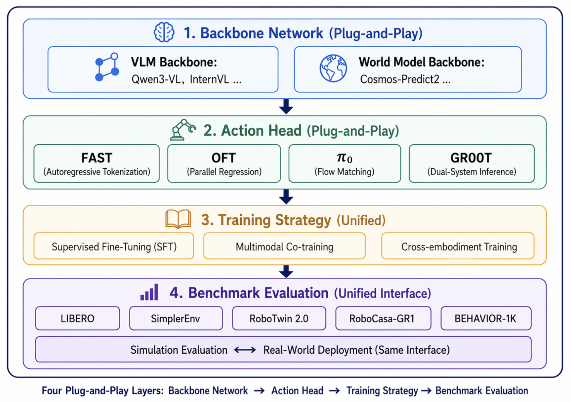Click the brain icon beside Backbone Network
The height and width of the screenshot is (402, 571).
(164, 32)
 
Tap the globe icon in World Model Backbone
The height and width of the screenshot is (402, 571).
(333, 68)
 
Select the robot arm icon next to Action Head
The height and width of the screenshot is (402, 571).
(182, 130)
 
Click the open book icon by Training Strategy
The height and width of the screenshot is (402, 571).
(178, 219)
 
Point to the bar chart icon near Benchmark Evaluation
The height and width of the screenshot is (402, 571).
(149, 292)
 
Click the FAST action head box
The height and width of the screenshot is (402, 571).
(96, 163)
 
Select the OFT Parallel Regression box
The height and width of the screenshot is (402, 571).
(224, 163)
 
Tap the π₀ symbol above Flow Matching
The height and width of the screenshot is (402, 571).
(344, 158)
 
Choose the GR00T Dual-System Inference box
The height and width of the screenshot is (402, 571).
(471, 163)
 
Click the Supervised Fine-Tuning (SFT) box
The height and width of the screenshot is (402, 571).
(114, 246)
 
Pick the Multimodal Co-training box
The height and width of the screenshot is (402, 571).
(284, 246)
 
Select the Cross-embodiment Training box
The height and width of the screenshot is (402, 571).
(458, 246)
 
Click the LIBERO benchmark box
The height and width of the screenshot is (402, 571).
(78, 318)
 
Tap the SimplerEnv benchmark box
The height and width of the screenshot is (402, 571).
(176, 318)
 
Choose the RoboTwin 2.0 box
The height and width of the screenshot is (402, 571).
(279, 318)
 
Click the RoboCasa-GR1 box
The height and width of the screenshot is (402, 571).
(383, 318)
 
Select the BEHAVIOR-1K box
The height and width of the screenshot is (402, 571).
(486, 318)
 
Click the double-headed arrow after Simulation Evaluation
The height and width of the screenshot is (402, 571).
(245, 350)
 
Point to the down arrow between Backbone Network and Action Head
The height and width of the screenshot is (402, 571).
(286, 106)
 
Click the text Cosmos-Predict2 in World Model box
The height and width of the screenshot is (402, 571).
(400, 79)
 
